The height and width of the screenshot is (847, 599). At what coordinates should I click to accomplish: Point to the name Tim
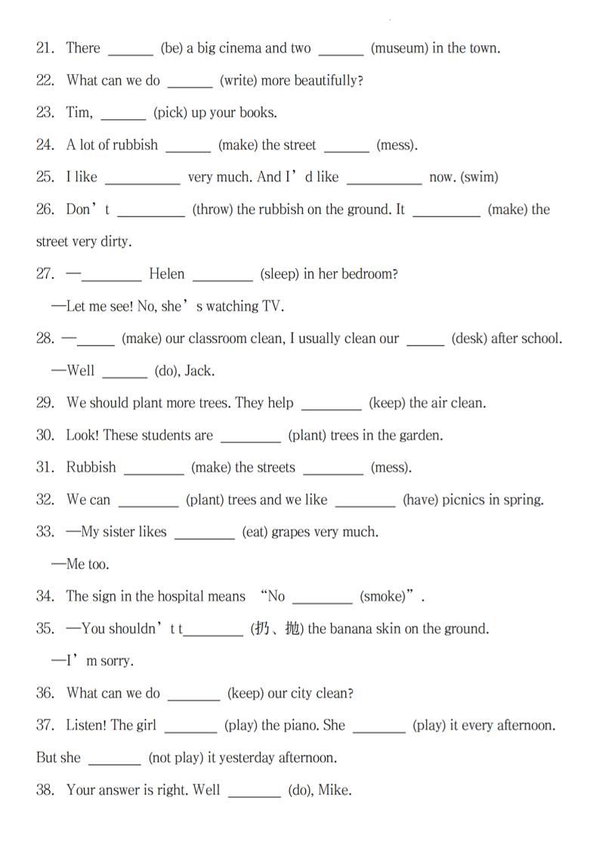point(79,113)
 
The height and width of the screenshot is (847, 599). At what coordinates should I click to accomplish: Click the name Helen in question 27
point(167,274)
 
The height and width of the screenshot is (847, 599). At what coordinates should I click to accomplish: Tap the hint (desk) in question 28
point(470,339)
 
